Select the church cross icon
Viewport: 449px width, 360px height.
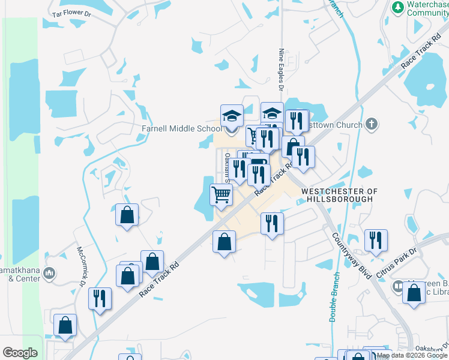click(372, 124)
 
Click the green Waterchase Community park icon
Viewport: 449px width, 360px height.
click(397, 7)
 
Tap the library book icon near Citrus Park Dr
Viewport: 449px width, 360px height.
click(397, 287)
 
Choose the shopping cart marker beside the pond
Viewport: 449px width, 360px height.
click(221, 194)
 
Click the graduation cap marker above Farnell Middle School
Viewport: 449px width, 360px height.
click(232, 115)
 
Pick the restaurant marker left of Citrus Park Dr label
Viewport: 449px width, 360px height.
click(376, 239)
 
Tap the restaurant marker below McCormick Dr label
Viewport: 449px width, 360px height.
click(100, 298)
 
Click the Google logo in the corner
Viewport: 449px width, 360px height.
click(20, 353)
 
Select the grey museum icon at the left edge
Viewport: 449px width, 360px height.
click(50, 274)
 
